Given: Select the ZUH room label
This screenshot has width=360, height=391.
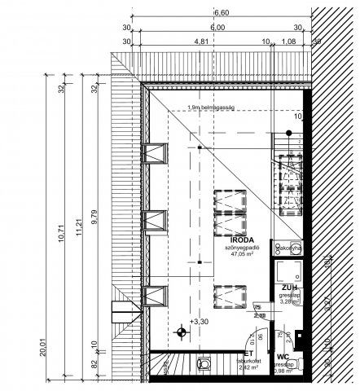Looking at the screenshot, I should coord(289,288).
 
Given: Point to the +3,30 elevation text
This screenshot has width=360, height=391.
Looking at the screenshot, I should coord(198,323).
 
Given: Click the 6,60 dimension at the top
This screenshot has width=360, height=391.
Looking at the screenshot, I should coord(221,14).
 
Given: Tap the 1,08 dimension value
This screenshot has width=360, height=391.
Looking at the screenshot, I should coord(288,41).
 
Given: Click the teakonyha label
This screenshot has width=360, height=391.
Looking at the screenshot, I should coord(290,248).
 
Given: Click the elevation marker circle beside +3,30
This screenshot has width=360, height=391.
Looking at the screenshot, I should coord(182,331).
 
